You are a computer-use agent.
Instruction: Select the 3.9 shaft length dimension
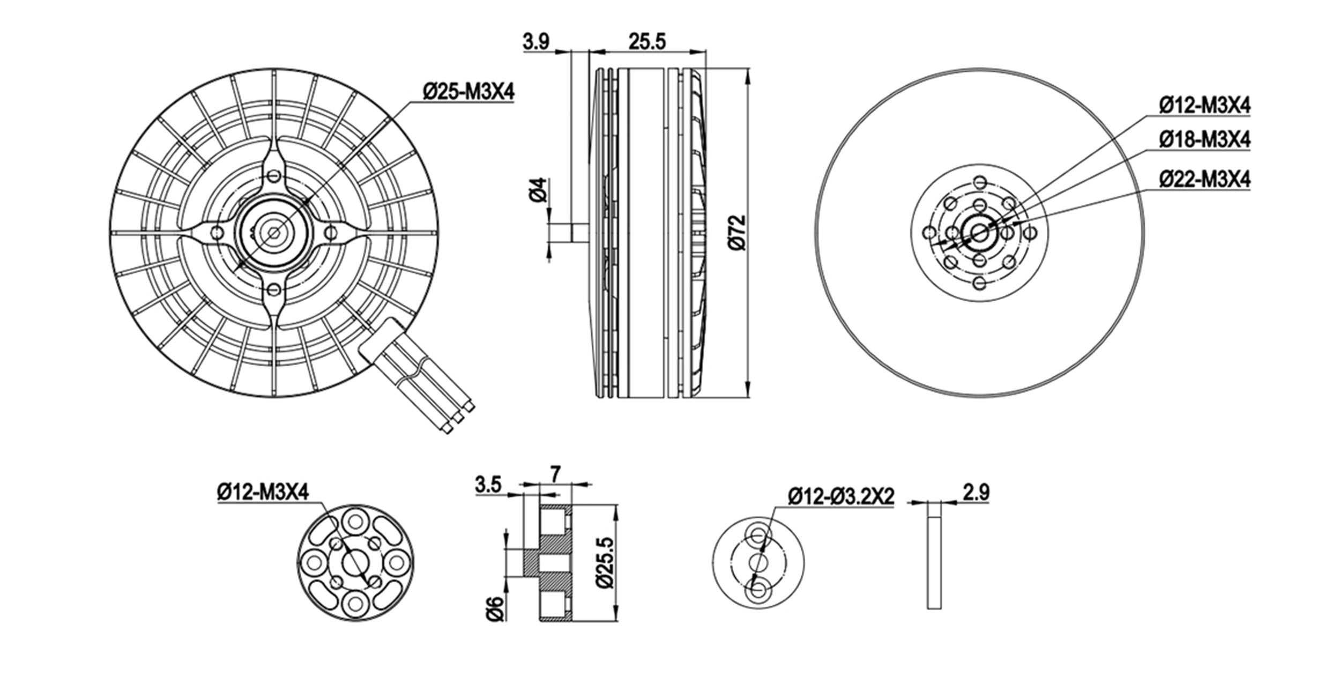pos(537,42)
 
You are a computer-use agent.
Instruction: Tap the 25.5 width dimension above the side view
pos(647,42)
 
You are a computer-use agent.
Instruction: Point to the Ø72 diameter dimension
pos(738,233)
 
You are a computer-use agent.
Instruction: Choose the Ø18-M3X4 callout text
pos(1205,140)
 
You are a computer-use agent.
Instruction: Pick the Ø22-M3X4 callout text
pos(1205,179)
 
